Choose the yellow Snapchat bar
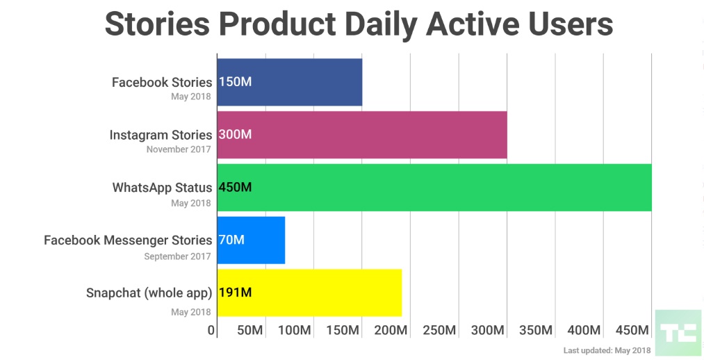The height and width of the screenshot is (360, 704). coord(327,293)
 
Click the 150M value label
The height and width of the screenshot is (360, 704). coord(235,82)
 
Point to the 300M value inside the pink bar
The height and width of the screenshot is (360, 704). coord(235,135)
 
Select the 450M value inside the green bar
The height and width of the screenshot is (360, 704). coord(235,188)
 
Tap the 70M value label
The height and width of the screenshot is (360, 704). coord(231,240)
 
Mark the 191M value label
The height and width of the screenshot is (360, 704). coord(235,293)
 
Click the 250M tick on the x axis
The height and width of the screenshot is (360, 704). coord(439,330)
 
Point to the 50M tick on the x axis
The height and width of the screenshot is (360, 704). coord(249,330)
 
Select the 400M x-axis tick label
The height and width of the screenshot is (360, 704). coord(584,330)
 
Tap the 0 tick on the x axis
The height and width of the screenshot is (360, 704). coord(212,330)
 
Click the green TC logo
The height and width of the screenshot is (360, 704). coord(678,332)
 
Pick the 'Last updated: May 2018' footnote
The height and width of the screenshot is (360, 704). coord(607,351)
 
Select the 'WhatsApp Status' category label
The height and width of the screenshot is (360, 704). coord(162,188)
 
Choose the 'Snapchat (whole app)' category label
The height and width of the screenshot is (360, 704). coord(149,293)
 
